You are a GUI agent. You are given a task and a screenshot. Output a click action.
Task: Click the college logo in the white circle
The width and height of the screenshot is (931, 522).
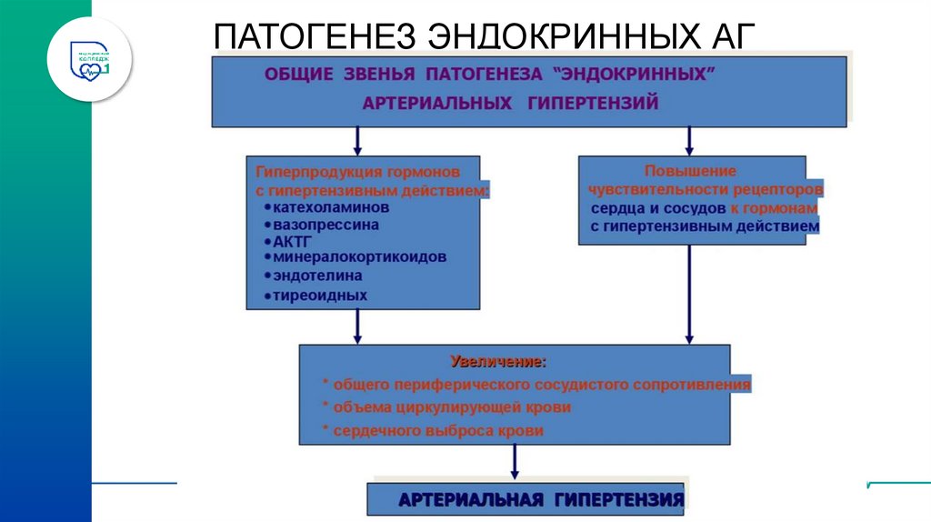coord(90,57)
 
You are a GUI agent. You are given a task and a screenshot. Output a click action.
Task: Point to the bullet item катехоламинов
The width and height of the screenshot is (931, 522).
coord(325,207)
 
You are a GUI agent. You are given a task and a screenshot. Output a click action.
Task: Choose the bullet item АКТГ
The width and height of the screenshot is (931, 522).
coord(292,241)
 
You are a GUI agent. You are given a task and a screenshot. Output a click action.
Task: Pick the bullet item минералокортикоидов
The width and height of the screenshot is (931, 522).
coord(359,257)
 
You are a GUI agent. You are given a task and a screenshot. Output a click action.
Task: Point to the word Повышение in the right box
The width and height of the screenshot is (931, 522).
coord(690,170)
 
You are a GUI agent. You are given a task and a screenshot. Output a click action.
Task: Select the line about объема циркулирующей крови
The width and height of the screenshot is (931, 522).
coord(451,407)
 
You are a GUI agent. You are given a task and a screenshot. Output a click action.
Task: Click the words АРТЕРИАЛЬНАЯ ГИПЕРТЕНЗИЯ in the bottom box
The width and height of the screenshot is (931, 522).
coord(541,500)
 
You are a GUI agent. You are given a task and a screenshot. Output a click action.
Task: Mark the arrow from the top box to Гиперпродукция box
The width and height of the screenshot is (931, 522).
coord(358,140)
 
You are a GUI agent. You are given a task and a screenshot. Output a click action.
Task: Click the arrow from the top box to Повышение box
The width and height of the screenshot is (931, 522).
coord(689,140)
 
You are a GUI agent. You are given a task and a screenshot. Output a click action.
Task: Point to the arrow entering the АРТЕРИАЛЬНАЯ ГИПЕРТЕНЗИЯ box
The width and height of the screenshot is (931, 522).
coord(515,463)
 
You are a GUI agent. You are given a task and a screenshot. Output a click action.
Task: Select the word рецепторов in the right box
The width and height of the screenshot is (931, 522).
coord(780,190)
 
